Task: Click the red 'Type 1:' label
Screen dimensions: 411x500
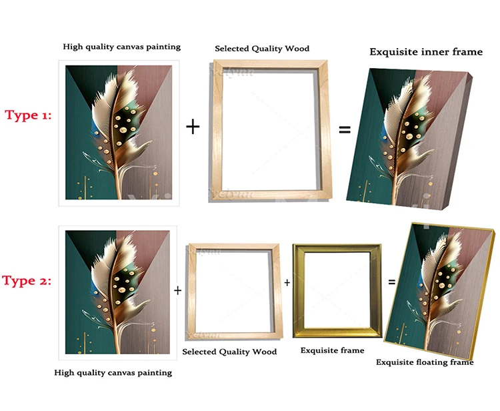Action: (29, 115)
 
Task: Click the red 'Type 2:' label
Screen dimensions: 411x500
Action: (27, 280)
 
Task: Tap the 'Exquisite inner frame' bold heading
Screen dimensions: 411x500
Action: (425, 51)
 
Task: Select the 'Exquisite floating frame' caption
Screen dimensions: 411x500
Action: (425, 362)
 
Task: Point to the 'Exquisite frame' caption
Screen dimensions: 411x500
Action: (332, 350)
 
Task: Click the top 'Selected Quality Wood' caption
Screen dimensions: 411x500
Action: (262, 49)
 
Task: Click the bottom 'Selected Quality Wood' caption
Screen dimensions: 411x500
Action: (229, 352)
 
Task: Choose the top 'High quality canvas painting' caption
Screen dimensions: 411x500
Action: (121, 47)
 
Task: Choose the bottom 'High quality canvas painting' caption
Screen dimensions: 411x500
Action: (113, 372)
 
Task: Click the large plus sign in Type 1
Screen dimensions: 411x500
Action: (193, 126)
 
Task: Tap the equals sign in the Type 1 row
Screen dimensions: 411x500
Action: (345, 129)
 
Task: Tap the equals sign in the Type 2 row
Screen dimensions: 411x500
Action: (391, 282)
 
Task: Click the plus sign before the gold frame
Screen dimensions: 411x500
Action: (287, 283)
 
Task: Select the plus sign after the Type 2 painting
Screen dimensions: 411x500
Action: (178, 291)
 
